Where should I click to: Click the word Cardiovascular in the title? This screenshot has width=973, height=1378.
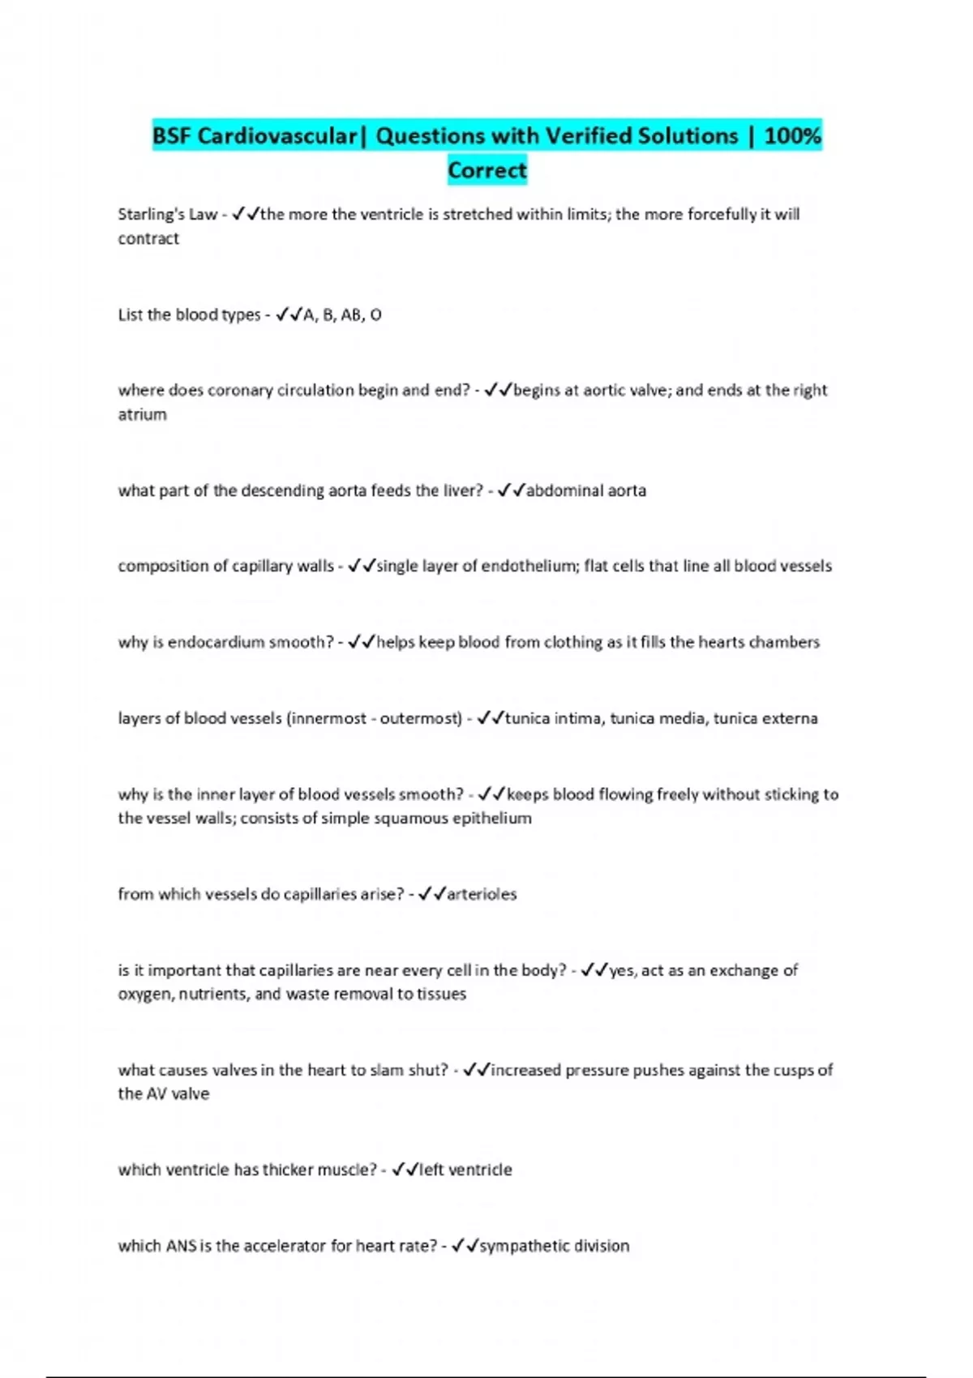[x=276, y=135]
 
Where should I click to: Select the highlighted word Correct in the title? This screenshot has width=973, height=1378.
[x=487, y=170]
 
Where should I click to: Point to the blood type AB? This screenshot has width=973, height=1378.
[x=351, y=315]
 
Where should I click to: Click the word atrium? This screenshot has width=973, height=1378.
[x=142, y=414]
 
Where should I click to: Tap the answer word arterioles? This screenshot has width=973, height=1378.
[x=481, y=894]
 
